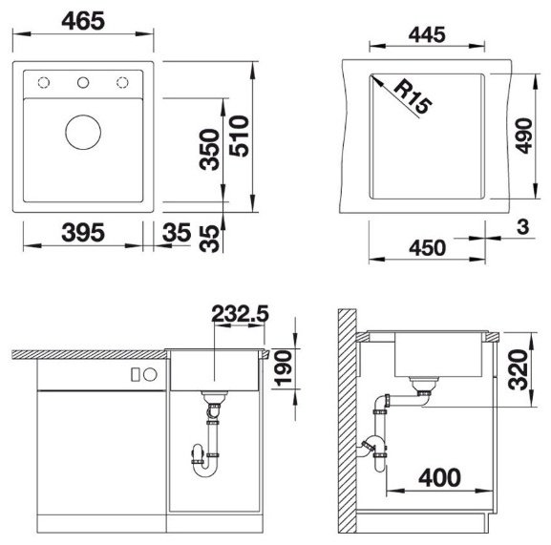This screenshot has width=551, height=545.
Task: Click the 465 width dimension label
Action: pos(83,21)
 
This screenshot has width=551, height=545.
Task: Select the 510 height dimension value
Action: pos(240,136)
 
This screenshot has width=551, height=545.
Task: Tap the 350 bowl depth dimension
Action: pos(209,150)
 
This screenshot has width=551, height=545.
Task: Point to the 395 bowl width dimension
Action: pos(83,233)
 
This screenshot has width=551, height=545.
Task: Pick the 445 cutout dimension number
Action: pos(427,34)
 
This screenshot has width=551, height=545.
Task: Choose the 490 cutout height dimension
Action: pos(524,136)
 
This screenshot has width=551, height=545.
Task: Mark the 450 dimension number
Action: pos(427,248)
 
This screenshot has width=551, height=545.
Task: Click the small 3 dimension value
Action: pos(523,226)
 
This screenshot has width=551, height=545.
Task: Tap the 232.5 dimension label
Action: pos(240,314)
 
